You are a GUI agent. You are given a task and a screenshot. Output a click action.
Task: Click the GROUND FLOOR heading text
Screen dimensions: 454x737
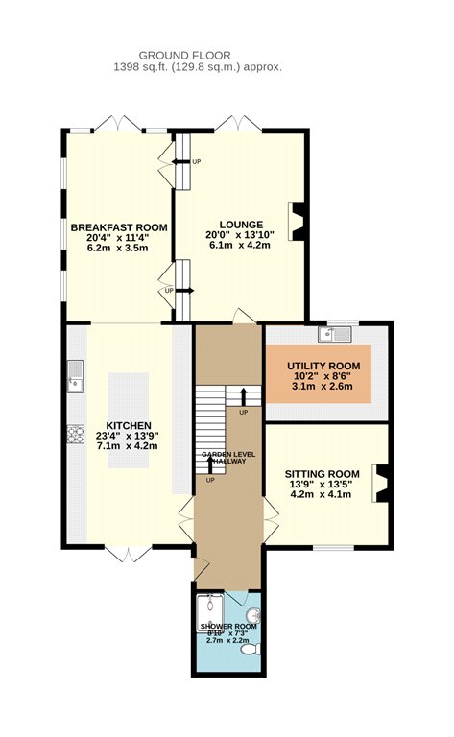[184, 56]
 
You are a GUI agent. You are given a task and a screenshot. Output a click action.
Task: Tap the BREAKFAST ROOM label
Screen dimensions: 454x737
[119, 228]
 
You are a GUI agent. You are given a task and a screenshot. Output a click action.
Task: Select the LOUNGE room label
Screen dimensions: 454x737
[241, 225]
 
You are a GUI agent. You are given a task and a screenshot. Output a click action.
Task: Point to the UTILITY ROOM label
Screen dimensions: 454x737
[323, 366]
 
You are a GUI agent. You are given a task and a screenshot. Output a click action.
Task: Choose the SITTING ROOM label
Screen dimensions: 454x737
[323, 474]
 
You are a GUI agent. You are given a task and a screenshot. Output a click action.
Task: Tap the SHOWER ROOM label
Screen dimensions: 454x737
[228, 626]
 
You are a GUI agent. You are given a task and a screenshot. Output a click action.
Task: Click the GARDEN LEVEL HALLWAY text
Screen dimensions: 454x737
[228, 458]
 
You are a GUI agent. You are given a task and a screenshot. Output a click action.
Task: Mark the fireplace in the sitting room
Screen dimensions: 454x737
[380, 484]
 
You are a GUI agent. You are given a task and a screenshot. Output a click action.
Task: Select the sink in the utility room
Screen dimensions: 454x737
[334, 334]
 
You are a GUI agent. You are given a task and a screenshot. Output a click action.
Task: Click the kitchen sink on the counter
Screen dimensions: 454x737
[75, 376]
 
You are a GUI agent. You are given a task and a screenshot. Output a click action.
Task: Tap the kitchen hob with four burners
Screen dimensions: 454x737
[76, 434]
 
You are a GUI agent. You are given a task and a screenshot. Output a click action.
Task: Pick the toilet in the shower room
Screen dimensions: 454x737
[251, 650]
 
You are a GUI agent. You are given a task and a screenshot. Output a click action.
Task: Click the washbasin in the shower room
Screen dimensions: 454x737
[254, 614]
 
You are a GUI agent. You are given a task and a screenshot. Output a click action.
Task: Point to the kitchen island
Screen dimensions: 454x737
[129, 420]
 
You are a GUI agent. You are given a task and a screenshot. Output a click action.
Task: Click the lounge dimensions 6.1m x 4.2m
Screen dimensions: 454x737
[238, 245]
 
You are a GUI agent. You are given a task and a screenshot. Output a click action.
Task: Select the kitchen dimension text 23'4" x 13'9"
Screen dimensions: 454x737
[128, 436]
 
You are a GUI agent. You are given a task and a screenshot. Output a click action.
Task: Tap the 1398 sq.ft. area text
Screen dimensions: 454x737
[140, 67]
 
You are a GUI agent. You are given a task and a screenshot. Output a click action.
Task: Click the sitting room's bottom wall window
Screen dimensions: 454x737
[334, 547]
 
